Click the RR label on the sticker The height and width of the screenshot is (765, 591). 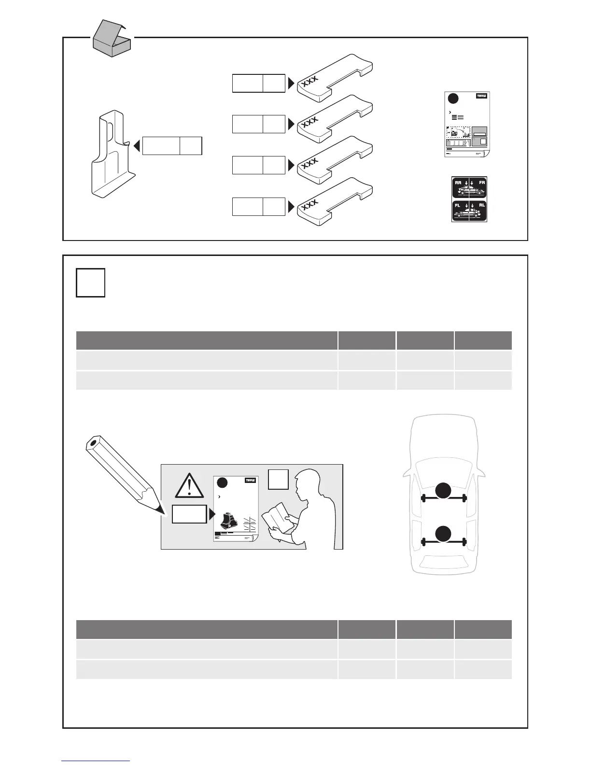458,183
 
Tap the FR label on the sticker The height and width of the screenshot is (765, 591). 481,183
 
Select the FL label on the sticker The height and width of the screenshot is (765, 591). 458,205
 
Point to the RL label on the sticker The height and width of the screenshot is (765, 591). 481,205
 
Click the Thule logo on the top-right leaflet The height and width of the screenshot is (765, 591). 481,96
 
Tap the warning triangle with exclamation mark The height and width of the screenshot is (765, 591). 190,486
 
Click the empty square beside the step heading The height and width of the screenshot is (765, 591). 90,283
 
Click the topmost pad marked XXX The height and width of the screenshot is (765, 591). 335,78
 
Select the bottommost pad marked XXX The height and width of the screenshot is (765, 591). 335,202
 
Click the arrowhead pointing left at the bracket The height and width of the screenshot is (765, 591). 137,145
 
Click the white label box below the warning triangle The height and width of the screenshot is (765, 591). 189,514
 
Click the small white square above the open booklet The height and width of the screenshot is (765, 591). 279,480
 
